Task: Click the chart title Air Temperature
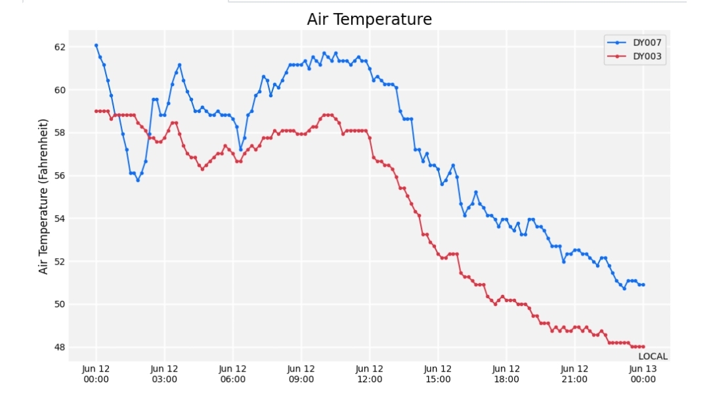[x=370, y=20]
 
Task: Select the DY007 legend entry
[x=634, y=43]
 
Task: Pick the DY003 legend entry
[x=634, y=56]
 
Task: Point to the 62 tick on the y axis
[x=60, y=47]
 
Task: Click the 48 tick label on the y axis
[x=60, y=347]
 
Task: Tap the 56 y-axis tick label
[x=60, y=175]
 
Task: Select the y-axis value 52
[x=60, y=261]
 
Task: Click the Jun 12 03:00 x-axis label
[x=164, y=374]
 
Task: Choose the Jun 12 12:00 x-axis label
[x=370, y=374]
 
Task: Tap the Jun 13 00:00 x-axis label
[x=643, y=374]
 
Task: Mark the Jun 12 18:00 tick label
[x=506, y=374]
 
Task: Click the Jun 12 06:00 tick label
[x=233, y=374]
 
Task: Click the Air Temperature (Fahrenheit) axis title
[x=43, y=196]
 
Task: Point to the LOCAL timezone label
[x=653, y=357]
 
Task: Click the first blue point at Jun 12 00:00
[x=97, y=45]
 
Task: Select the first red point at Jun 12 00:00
[x=97, y=111]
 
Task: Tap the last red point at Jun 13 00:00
[x=643, y=347]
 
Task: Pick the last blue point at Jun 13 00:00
[x=643, y=285]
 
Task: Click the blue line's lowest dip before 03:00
[x=138, y=180]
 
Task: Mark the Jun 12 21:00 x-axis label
[x=574, y=374]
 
